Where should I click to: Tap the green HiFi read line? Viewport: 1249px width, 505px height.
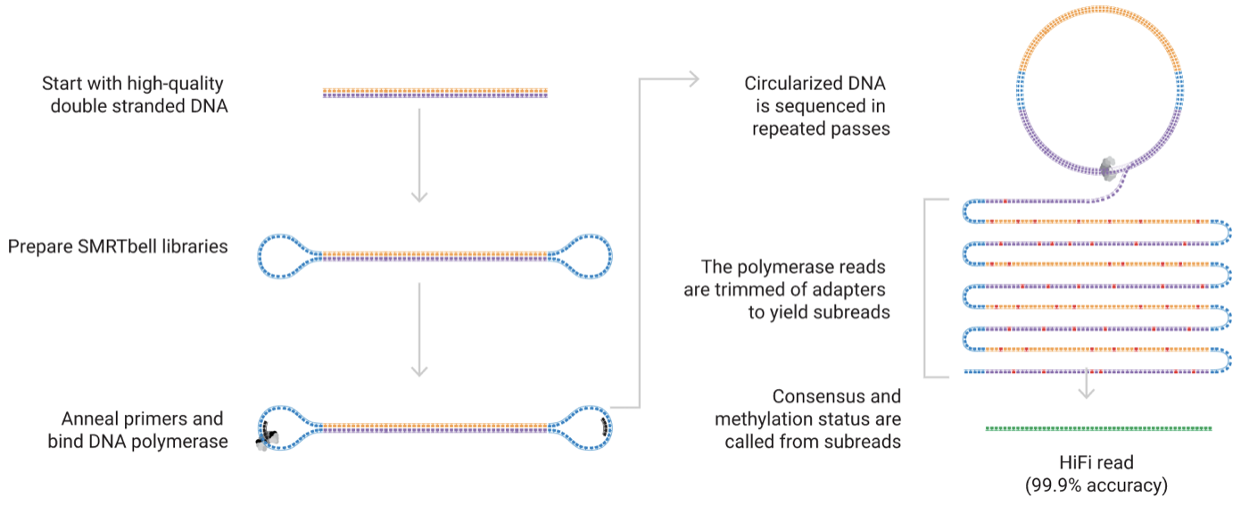tap(1098, 428)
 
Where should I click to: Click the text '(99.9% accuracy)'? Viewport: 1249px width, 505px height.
tap(1096, 485)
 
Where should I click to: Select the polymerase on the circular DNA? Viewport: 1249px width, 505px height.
tap(1108, 169)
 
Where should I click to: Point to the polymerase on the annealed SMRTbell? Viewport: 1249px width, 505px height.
tap(267, 438)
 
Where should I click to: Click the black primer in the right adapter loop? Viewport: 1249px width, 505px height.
tap(605, 427)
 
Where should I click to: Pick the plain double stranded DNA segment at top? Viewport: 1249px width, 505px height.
tap(435, 93)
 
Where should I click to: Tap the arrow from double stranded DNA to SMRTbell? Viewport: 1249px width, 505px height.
tap(419, 155)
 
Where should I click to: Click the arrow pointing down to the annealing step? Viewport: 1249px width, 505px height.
tap(419, 329)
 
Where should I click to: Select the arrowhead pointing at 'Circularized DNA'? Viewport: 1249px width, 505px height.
tap(694, 79)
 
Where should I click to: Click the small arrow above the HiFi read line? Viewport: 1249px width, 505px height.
tap(1087, 384)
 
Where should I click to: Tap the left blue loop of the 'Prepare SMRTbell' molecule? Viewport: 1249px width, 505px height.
tap(285, 256)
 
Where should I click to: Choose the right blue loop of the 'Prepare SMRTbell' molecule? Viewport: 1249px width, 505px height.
tap(583, 256)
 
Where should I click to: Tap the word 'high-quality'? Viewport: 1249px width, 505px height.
tap(175, 84)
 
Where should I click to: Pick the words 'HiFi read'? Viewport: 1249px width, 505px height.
tap(1096, 463)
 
